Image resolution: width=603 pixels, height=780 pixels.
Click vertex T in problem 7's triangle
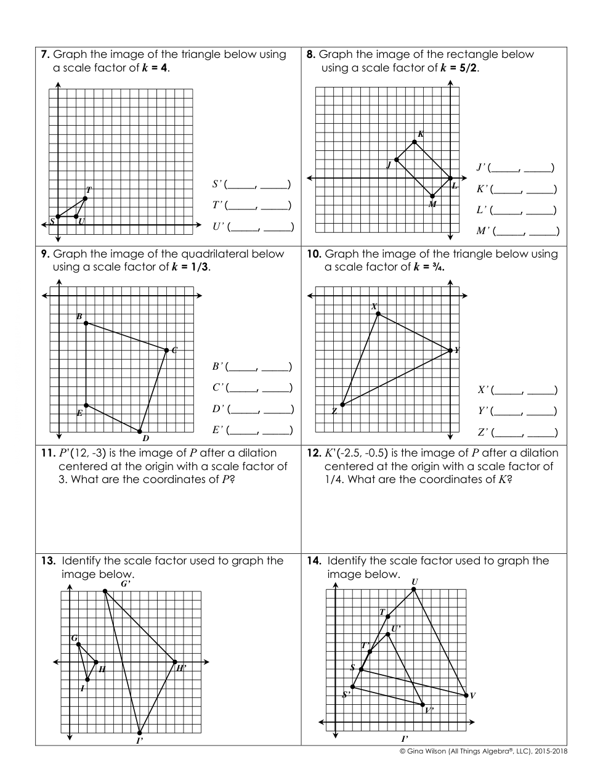pos(85,198)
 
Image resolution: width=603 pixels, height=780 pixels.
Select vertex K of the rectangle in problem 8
pos(414,142)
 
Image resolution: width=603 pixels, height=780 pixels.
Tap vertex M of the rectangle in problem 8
pos(432,196)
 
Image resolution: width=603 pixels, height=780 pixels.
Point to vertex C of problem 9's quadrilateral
pos(167,350)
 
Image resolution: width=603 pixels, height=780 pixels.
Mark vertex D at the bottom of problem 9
pos(140,431)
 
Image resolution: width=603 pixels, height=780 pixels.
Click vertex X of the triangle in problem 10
pos(378,314)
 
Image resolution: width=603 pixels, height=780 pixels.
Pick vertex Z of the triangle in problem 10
pos(342,405)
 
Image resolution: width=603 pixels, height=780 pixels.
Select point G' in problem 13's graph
pos(105,591)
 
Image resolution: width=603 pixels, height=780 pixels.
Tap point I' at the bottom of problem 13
pos(140,733)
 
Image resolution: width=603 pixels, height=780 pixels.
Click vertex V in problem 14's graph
pos(466,695)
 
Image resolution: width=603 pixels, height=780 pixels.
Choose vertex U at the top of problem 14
pos(413,589)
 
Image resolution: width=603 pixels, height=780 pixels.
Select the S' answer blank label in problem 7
pos(217,184)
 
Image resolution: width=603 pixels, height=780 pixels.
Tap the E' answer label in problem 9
pos(217,429)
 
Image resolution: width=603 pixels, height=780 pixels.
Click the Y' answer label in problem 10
pos(483,410)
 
